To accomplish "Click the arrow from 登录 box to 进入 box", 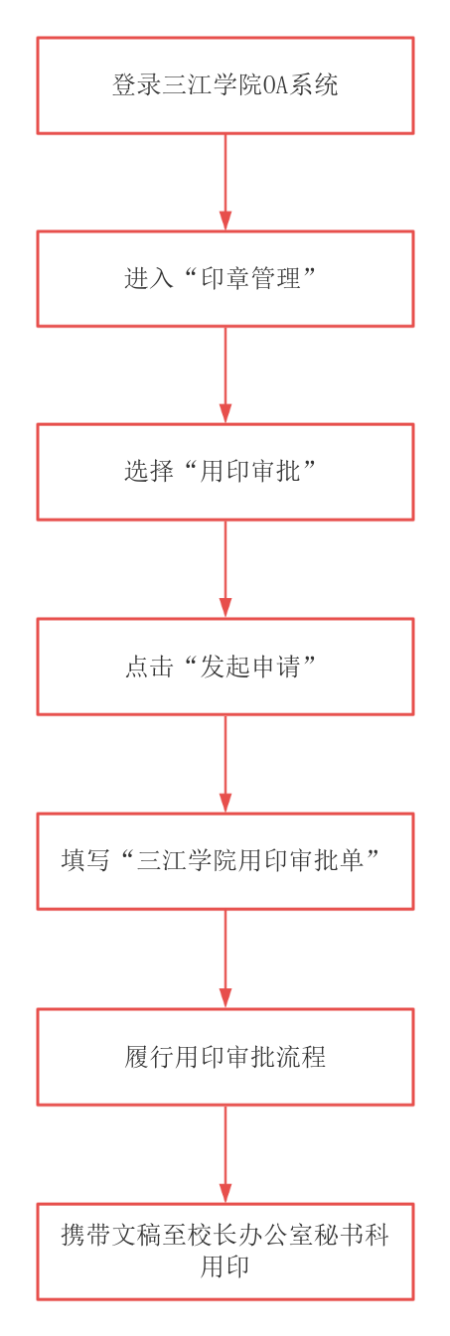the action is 225,183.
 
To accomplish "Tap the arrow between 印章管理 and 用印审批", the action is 225,375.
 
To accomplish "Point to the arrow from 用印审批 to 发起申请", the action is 225,569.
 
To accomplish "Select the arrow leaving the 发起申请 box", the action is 225,764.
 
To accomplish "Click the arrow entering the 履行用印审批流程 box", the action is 225,959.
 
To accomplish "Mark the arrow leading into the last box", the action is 225,1154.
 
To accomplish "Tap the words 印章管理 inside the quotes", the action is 250,278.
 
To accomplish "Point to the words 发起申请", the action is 250,667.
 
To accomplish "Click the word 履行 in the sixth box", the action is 149,1057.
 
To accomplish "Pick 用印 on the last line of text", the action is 225,1266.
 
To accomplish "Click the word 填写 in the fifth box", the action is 86,860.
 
